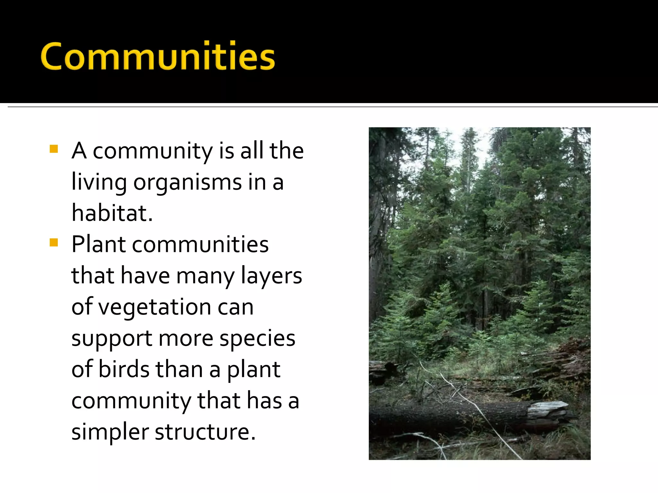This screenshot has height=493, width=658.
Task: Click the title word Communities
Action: [158, 56]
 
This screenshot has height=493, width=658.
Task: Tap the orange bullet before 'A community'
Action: [54, 149]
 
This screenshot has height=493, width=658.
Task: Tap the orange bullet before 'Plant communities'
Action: [54, 243]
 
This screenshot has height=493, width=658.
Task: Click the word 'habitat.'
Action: [112, 213]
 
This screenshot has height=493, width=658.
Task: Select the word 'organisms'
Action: [187, 182]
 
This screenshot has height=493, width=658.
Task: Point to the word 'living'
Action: [99, 182]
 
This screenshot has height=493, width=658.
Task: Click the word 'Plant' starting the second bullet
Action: [98, 245]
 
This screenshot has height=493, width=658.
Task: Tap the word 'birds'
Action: [124, 369]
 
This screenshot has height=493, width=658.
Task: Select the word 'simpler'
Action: [110, 432]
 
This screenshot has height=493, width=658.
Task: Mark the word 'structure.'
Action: [205, 432]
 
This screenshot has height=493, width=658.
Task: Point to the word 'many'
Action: [205, 276]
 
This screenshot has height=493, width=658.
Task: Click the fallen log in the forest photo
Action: [450, 417]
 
